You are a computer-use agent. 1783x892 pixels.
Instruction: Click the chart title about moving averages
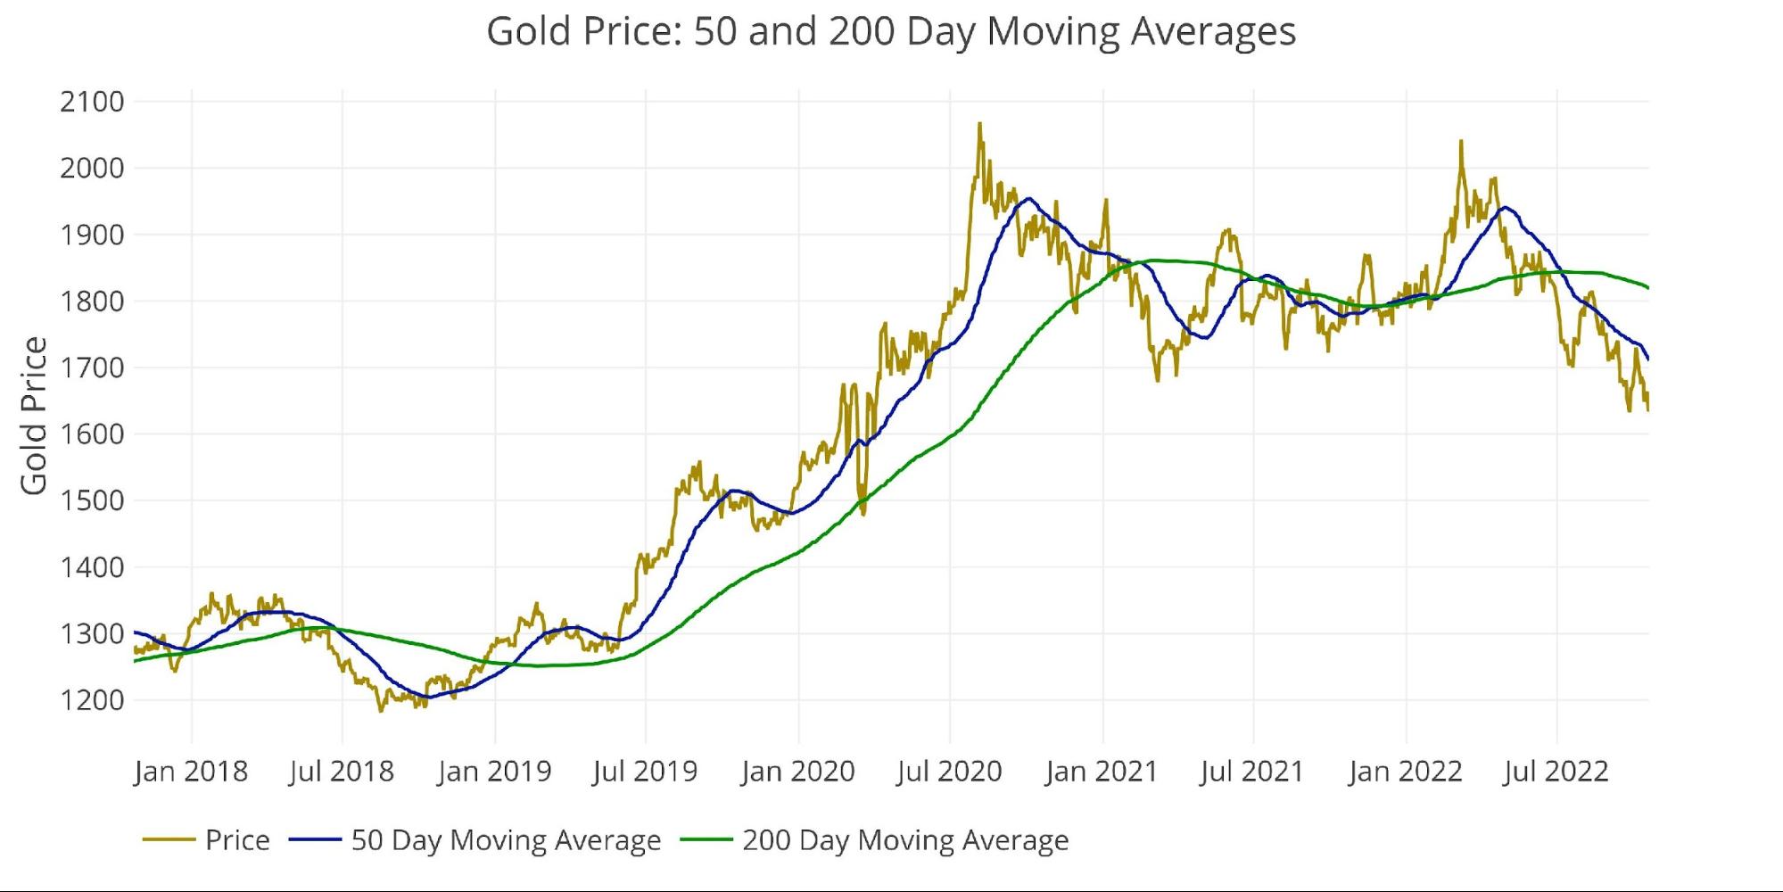(x=891, y=32)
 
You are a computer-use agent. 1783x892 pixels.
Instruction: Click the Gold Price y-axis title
(x=34, y=416)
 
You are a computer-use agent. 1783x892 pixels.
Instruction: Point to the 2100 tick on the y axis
(x=92, y=102)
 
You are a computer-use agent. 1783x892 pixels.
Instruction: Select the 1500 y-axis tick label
(x=92, y=500)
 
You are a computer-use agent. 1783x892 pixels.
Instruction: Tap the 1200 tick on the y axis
(x=92, y=700)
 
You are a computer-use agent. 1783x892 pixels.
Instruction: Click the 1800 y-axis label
(x=92, y=301)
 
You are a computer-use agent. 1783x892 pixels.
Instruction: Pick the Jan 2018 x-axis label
(x=191, y=772)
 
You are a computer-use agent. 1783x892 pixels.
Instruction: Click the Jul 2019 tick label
(x=645, y=772)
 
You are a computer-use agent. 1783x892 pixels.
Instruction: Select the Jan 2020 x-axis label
(x=798, y=772)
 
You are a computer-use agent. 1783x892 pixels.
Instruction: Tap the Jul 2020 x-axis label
(x=949, y=772)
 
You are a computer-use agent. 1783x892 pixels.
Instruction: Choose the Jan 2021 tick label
(x=1102, y=772)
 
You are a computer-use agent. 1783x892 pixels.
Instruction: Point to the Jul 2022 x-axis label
(x=1556, y=772)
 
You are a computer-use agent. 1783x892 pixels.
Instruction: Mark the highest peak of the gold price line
(x=979, y=123)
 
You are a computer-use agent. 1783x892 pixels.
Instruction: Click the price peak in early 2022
(x=1461, y=140)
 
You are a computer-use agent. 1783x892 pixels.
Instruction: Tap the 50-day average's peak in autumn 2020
(x=1029, y=198)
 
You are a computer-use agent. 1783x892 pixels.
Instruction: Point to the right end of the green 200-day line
(x=1647, y=287)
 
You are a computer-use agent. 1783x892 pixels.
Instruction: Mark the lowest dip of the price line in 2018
(x=381, y=711)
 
